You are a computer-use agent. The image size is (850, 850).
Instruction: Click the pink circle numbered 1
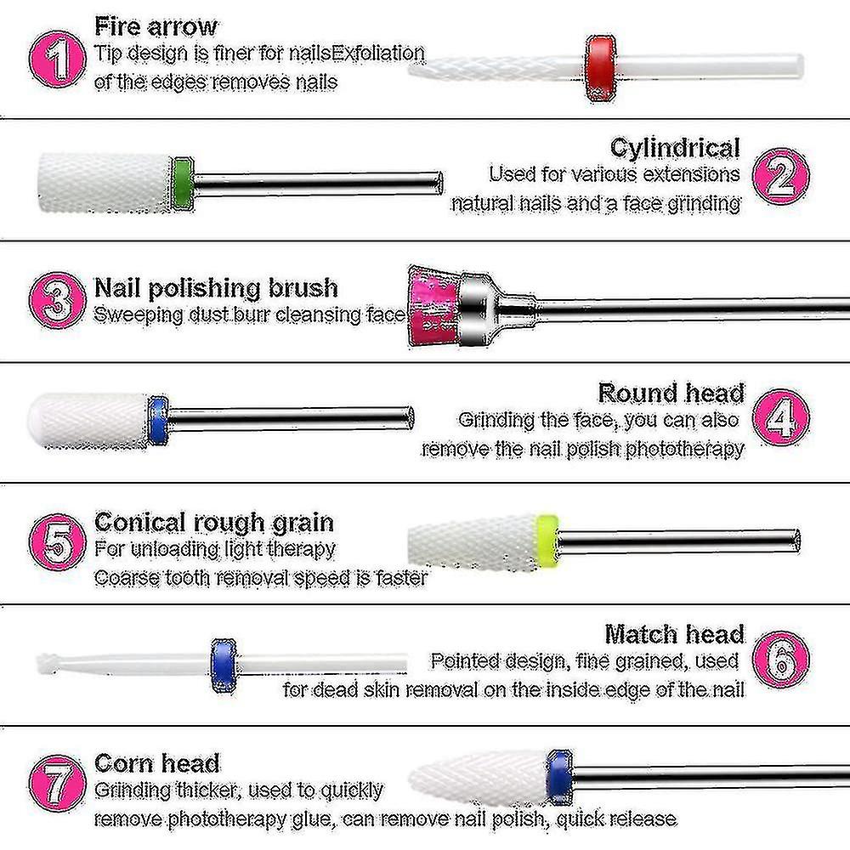(57, 59)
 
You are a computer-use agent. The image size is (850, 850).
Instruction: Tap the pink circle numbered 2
(780, 176)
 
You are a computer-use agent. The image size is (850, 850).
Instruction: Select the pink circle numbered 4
(780, 416)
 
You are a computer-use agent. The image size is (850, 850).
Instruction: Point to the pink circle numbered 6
(780, 660)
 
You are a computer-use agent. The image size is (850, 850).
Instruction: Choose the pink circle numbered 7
(57, 783)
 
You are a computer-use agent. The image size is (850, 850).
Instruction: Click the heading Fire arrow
(156, 26)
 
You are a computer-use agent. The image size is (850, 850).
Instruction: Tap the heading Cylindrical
(675, 147)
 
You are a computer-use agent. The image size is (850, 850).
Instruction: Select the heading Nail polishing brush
(216, 287)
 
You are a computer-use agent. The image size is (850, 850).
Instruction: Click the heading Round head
(671, 393)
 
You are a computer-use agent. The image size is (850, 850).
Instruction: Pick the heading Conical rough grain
(214, 523)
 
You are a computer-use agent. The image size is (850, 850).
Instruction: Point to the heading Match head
(674, 634)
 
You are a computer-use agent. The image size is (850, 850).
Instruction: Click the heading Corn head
(157, 762)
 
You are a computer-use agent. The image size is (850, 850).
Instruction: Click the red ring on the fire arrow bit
(601, 68)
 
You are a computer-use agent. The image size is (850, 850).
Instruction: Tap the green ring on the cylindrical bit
(181, 184)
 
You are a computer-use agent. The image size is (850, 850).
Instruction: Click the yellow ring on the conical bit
(547, 540)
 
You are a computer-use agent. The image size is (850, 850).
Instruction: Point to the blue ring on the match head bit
(224, 666)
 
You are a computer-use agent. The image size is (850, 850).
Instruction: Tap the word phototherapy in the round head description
(684, 449)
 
